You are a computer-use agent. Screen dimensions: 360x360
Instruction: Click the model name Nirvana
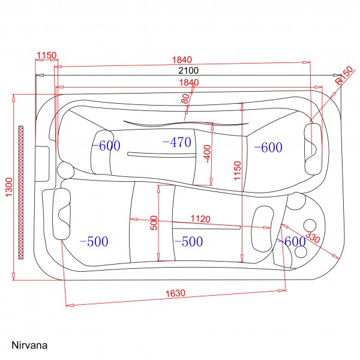[29, 346]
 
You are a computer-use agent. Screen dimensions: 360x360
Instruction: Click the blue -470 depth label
[176, 142]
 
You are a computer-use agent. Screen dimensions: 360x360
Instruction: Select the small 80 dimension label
[185, 99]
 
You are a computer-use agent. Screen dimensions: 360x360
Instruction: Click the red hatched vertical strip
[21, 192]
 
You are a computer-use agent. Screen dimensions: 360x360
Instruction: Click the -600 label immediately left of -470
[106, 145]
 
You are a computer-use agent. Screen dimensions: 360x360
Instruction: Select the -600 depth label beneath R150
[268, 147]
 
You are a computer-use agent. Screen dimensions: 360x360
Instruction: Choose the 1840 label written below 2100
[187, 82]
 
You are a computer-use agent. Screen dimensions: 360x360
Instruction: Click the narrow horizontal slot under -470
[161, 154]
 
